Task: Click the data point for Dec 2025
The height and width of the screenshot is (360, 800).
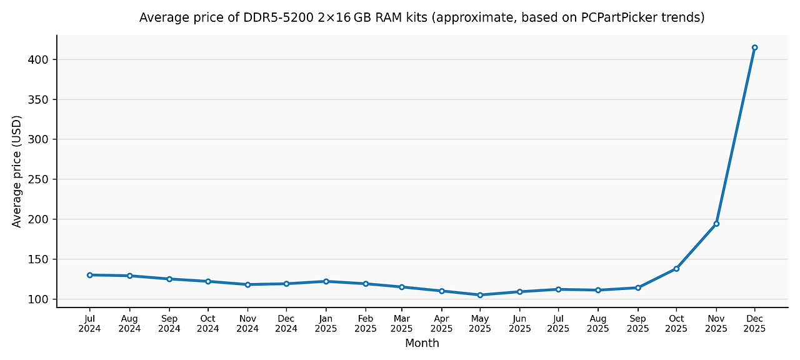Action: (x=754, y=47)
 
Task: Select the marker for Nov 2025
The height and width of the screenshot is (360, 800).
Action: (x=716, y=224)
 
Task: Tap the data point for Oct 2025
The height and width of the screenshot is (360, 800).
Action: (x=676, y=269)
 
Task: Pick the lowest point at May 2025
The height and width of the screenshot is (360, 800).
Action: (x=480, y=295)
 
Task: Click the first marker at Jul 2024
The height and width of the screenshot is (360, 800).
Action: (x=90, y=275)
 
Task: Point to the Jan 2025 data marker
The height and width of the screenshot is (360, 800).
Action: (x=326, y=281)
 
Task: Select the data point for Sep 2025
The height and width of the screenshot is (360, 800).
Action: (x=637, y=287)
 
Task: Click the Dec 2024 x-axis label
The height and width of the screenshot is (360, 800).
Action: (x=286, y=323)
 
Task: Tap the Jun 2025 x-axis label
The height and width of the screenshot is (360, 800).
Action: (x=519, y=323)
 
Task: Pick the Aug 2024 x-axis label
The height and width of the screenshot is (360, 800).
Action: (x=129, y=323)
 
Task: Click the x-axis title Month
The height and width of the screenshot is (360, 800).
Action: (x=422, y=343)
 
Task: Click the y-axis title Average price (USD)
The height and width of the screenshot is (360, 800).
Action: (x=17, y=171)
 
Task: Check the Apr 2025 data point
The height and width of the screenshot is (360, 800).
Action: (x=441, y=291)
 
